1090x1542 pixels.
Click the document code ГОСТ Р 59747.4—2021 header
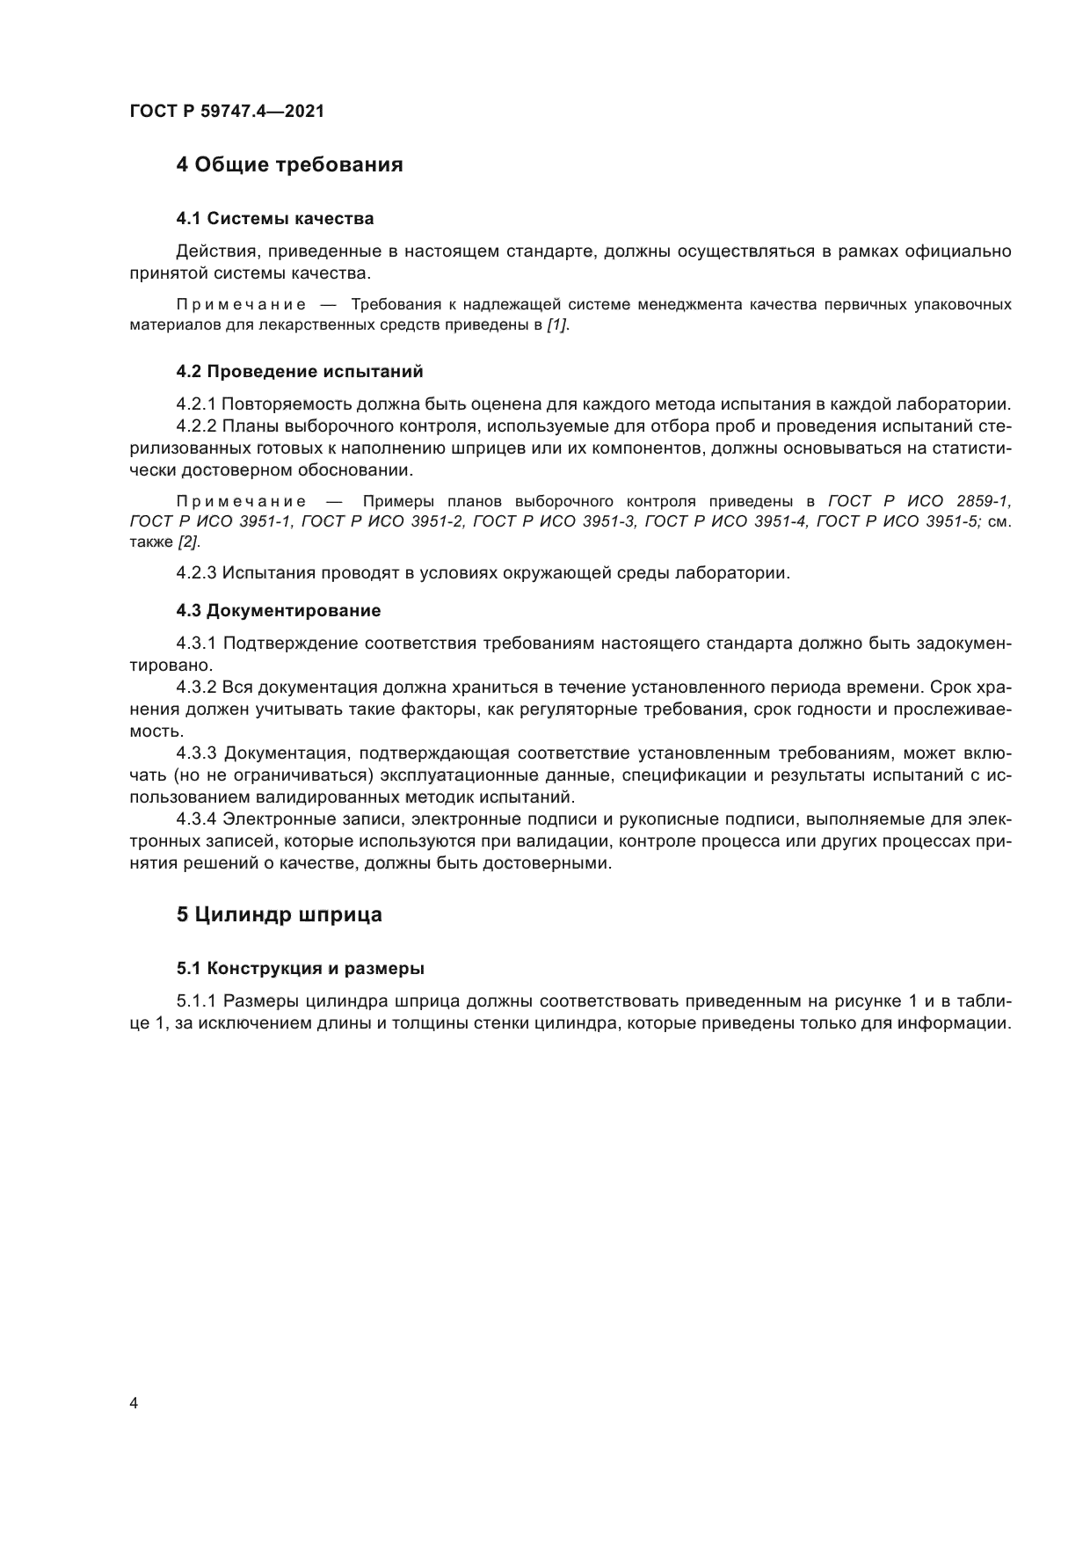pyautogui.click(x=227, y=111)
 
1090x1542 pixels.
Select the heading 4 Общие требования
pyautogui.click(x=289, y=164)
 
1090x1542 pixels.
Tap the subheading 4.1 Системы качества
pyautogui.click(x=274, y=218)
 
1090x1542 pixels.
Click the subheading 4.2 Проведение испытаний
pyautogui.click(x=300, y=371)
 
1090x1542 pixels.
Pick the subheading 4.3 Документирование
pyautogui.click(x=278, y=610)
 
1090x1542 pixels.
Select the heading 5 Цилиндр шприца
pyautogui.click(x=279, y=914)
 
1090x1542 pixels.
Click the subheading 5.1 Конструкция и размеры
pyautogui.click(x=300, y=968)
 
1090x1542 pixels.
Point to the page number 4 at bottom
pyautogui.click(x=134, y=1403)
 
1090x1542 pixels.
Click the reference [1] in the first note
pyautogui.click(x=556, y=325)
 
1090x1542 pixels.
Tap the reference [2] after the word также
pyautogui.click(x=188, y=542)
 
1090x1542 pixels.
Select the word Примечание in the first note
pyautogui.click(x=241, y=305)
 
